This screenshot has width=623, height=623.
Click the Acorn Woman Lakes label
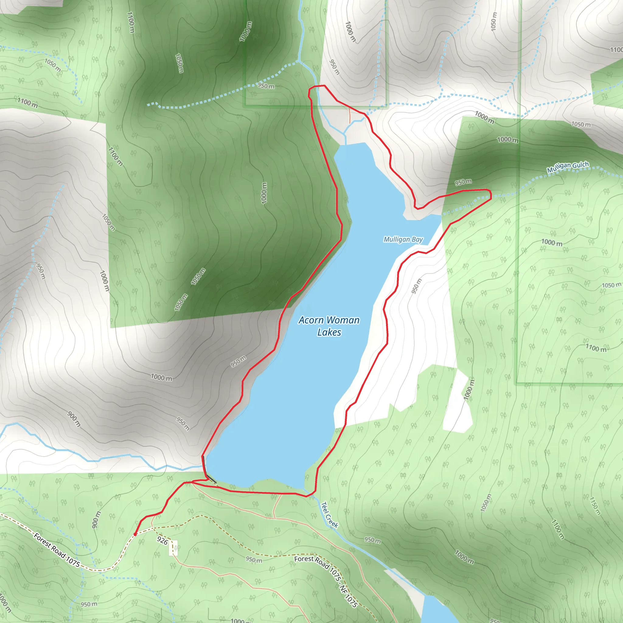(x=329, y=326)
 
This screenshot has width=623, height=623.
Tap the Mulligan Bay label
(x=403, y=239)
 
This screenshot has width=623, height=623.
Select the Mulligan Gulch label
(x=568, y=167)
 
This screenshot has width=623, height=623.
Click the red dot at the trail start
(x=135, y=534)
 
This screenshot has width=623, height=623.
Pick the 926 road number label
(x=162, y=541)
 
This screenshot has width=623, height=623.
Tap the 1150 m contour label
(x=595, y=506)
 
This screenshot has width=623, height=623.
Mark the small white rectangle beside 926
(x=173, y=548)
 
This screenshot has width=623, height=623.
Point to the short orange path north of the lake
(x=350, y=115)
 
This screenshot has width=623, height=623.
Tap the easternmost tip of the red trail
(x=491, y=194)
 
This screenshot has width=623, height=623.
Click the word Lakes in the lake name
(x=329, y=332)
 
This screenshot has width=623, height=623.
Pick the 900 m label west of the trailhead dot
(x=96, y=520)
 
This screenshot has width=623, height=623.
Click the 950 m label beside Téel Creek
(x=372, y=540)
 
